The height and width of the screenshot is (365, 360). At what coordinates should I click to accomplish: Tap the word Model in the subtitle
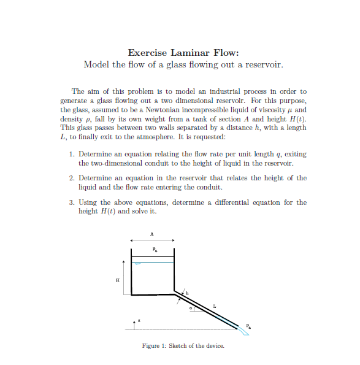pos(97,64)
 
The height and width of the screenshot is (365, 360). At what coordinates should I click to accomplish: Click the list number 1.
pos(71,155)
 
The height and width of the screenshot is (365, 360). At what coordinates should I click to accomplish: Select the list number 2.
pos(71,178)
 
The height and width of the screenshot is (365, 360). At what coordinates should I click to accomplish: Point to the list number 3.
pos(71,202)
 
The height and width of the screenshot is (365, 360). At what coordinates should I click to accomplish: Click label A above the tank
pos(153,233)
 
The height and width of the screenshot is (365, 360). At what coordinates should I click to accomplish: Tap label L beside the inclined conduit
pos(215,305)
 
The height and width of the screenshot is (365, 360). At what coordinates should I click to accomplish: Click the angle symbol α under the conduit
pos(191,309)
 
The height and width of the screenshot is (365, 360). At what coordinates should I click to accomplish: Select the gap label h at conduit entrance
pos(188,291)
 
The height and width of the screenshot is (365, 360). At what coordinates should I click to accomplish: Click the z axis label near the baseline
pos(140,320)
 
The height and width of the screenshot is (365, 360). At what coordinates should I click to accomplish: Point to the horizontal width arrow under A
pos(153,240)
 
